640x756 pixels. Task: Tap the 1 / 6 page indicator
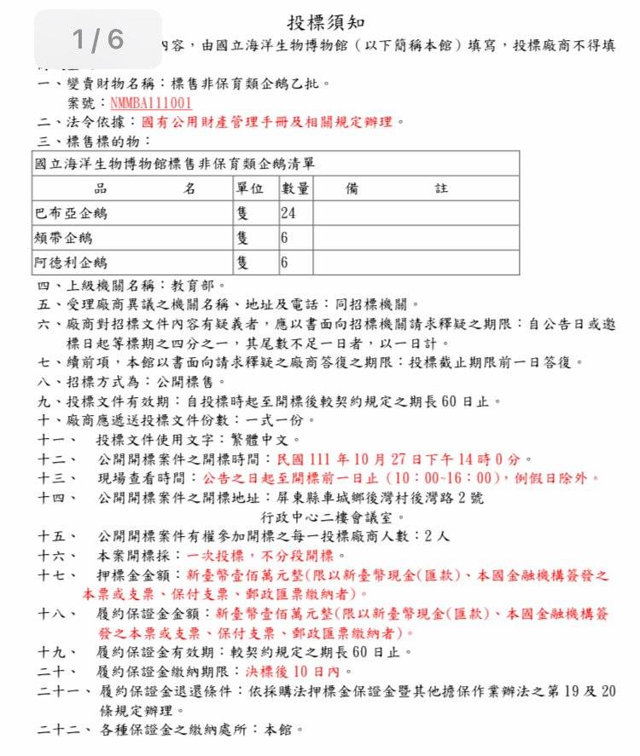tap(98, 39)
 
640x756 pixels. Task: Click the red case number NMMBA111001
tap(151, 103)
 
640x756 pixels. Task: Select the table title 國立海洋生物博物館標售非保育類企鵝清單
tap(179, 163)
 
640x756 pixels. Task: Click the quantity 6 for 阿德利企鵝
tap(285, 263)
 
